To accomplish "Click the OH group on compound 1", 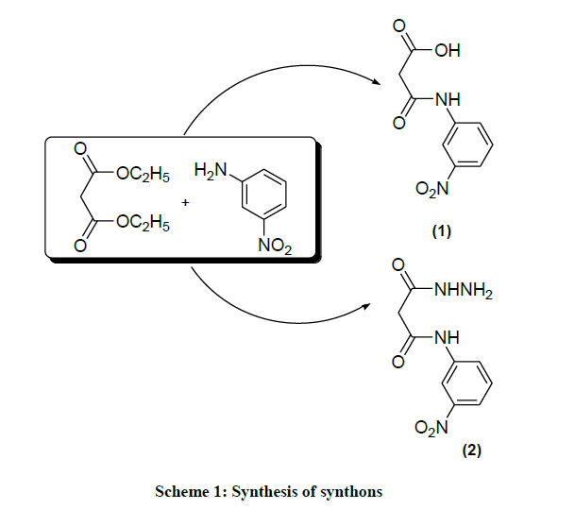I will click(x=445, y=50).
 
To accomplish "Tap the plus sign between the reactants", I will click(x=185, y=202).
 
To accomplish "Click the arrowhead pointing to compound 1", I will click(x=381, y=83).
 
